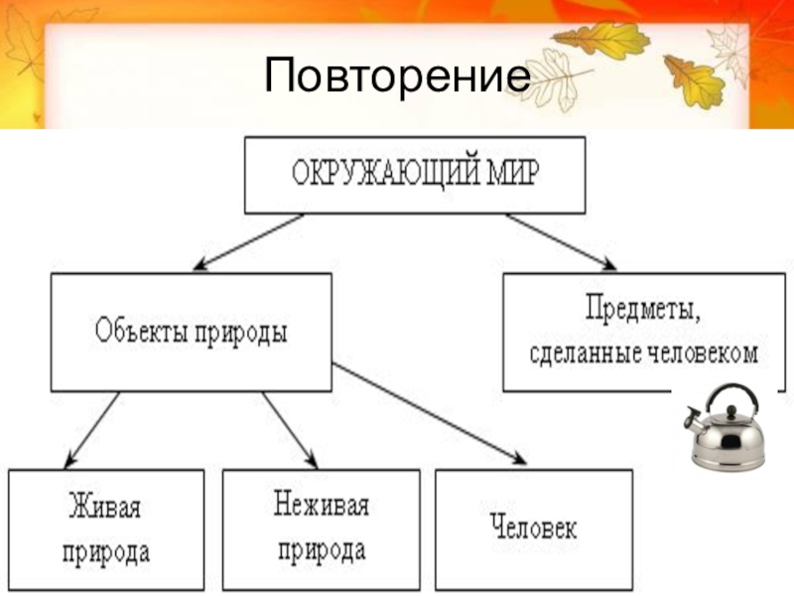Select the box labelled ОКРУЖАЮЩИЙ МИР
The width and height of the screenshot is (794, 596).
(415, 175)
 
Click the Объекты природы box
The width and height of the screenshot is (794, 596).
(192, 332)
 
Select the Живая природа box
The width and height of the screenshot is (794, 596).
(106, 526)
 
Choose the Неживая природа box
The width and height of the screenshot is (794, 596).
(321, 526)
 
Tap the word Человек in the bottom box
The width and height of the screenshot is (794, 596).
(533, 525)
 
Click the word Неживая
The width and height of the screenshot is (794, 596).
(321, 507)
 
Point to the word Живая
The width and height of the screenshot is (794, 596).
(104, 508)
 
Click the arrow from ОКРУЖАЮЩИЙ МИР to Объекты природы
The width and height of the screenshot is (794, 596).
(248, 241)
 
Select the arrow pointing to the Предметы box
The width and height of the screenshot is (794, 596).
(561, 241)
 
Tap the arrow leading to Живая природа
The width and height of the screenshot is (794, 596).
(91, 429)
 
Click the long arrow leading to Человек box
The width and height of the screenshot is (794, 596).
(427, 412)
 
